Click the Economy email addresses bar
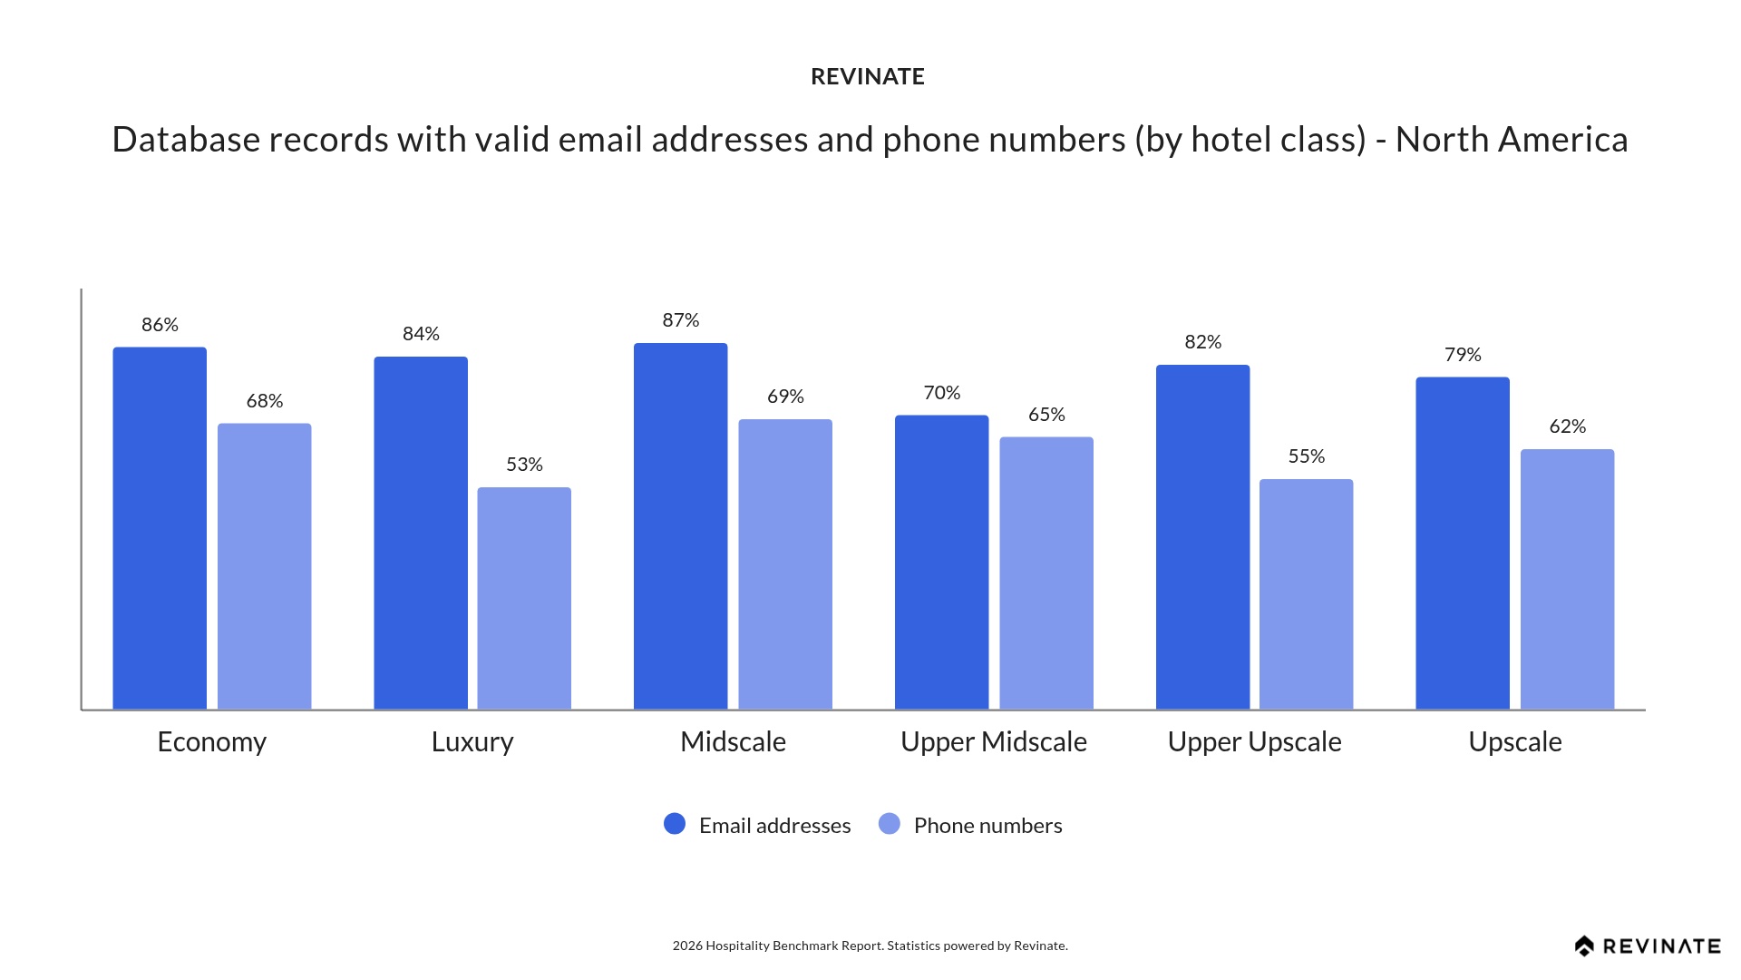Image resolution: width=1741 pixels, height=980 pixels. tap(160, 528)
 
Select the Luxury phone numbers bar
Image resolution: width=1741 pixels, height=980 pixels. tap(524, 598)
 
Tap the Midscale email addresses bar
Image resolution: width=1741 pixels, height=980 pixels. tap(680, 526)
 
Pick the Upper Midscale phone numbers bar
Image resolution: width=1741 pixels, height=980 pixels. tap(1046, 573)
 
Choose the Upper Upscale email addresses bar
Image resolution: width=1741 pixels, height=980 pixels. tap(1202, 537)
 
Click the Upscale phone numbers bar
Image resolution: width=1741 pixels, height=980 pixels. tap(1567, 579)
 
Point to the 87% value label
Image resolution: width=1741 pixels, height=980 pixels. tap(680, 320)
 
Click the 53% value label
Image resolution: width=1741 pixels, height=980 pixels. tap(524, 465)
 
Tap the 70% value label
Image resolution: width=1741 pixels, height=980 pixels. tap(941, 393)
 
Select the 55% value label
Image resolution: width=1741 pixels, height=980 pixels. tap(1306, 456)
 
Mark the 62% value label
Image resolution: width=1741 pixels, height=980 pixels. tap(1567, 426)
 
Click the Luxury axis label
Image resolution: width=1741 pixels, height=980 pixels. tap(472, 742)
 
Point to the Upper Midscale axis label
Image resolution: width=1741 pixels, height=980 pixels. tap(993, 742)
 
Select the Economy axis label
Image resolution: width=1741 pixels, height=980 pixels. tap(211, 742)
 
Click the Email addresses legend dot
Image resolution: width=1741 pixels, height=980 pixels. tap(675, 824)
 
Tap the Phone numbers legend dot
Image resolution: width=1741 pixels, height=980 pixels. tap(890, 824)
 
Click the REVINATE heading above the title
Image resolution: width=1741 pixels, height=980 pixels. tap(868, 77)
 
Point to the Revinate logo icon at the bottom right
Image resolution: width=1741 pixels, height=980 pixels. tap(1584, 946)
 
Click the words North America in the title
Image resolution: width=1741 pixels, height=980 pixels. tap(1512, 140)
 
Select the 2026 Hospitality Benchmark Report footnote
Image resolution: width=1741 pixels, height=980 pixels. tap(870, 946)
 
